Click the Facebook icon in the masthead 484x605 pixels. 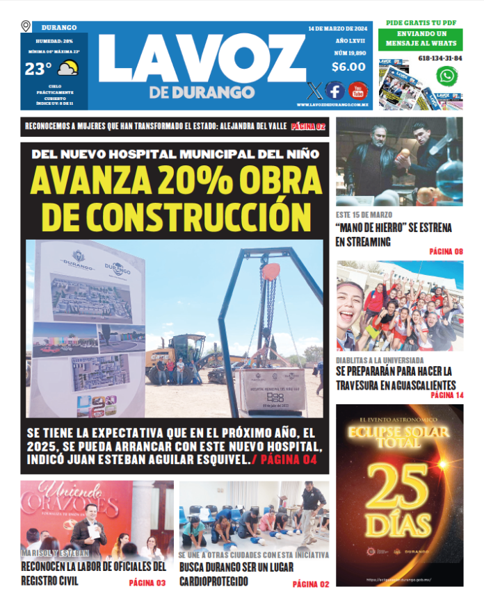334,90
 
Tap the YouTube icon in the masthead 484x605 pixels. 357,90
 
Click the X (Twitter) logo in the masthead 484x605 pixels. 314,90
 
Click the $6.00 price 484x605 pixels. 348,67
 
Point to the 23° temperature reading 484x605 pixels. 38,69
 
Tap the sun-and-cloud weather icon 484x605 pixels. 67,68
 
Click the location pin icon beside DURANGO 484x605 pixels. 26,27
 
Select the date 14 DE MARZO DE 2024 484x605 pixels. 337,28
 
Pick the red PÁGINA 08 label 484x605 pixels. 446,251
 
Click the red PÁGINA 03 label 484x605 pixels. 147,583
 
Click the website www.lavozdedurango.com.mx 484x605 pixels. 332,105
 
